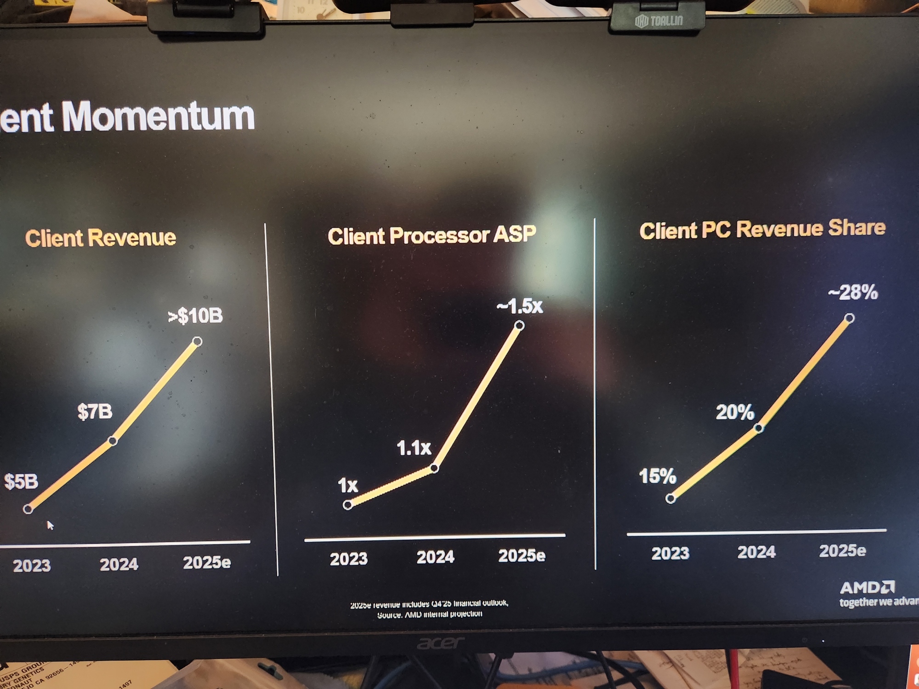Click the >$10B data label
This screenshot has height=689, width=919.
coord(195,316)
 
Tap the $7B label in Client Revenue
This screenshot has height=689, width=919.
coord(95,412)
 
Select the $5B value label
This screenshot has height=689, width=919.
coord(21,481)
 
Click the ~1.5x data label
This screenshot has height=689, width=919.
coord(520,306)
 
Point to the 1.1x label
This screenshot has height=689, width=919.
coord(414,448)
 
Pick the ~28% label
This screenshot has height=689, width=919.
coord(853,292)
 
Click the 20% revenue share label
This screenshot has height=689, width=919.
coord(735,412)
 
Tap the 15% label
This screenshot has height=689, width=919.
coord(658,476)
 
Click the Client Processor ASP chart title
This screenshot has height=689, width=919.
coord(431,235)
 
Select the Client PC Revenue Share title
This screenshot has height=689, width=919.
coord(762,229)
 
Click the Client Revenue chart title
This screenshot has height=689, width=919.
coord(101,238)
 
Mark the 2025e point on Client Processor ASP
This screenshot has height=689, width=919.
coord(519,326)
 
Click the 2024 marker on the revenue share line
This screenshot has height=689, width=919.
coord(759,428)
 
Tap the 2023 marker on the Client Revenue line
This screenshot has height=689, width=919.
coord(28,509)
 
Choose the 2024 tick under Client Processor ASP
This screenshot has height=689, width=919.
coord(435,557)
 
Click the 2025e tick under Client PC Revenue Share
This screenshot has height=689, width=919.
coord(842,550)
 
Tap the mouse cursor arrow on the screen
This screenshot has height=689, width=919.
coord(50,525)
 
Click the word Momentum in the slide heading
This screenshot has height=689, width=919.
coord(158,116)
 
